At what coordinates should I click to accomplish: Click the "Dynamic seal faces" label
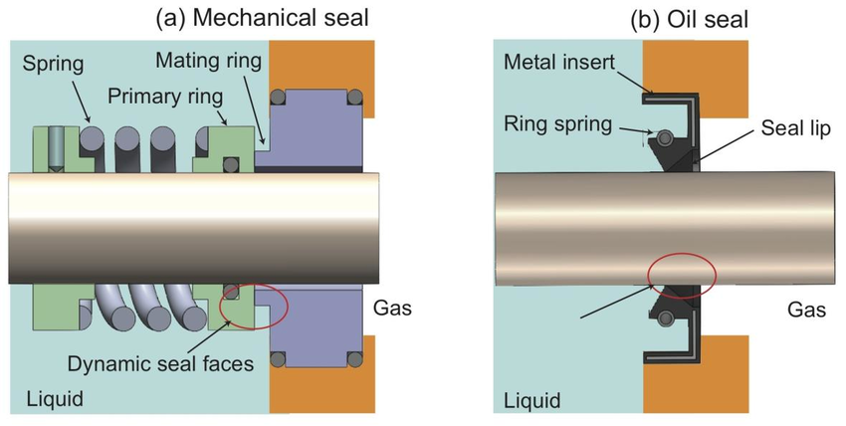pyautogui.click(x=161, y=363)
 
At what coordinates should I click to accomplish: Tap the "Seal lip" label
pyautogui.click(x=795, y=128)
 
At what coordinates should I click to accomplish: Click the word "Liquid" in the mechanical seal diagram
pyautogui.click(x=54, y=400)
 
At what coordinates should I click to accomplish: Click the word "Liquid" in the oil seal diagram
pyautogui.click(x=532, y=401)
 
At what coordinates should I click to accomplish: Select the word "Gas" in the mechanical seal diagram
pyautogui.click(x=392, y=309)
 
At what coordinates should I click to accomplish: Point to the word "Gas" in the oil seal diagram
pyautogui.click(x=807, y=310)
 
